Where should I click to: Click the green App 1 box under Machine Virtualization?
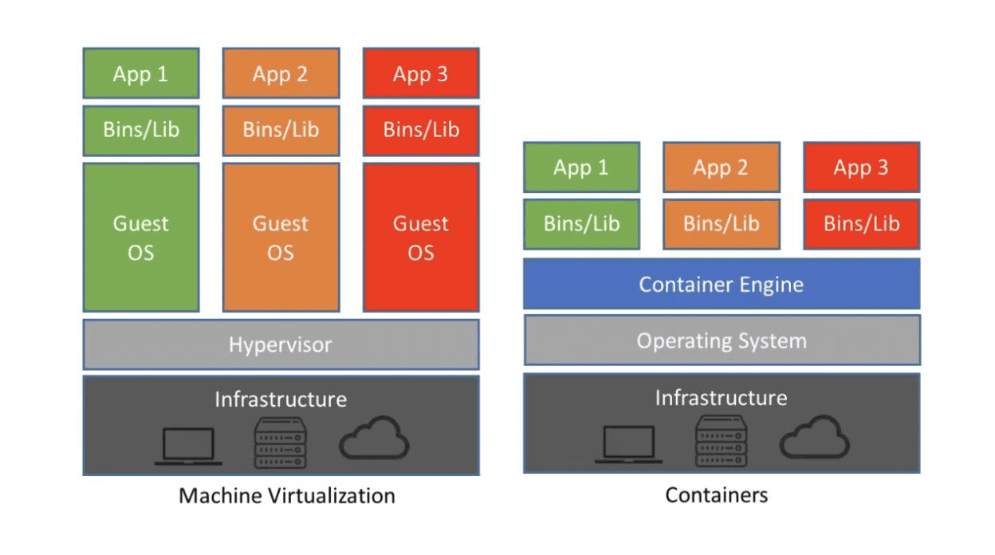coord(141,74)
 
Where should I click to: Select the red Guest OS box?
coord(421,238)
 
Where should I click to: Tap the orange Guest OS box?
coord(281,238)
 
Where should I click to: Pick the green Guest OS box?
coord(141,238)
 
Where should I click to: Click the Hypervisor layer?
coord(281,344)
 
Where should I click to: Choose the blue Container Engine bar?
coord(722,284)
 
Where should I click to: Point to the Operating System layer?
coord(722,340)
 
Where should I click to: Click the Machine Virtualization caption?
coord(286,496)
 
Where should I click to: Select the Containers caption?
coord(717,495)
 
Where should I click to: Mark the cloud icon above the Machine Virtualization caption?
coord(375,437)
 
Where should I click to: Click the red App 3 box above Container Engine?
coord(861,167)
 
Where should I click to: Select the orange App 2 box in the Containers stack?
coord(721,167)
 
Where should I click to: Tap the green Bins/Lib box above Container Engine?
coord(581,223)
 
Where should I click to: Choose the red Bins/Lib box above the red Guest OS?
coord(421,130)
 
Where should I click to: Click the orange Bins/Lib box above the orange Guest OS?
coord(281,130)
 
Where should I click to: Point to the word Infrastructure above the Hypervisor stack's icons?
coord(281,399)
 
